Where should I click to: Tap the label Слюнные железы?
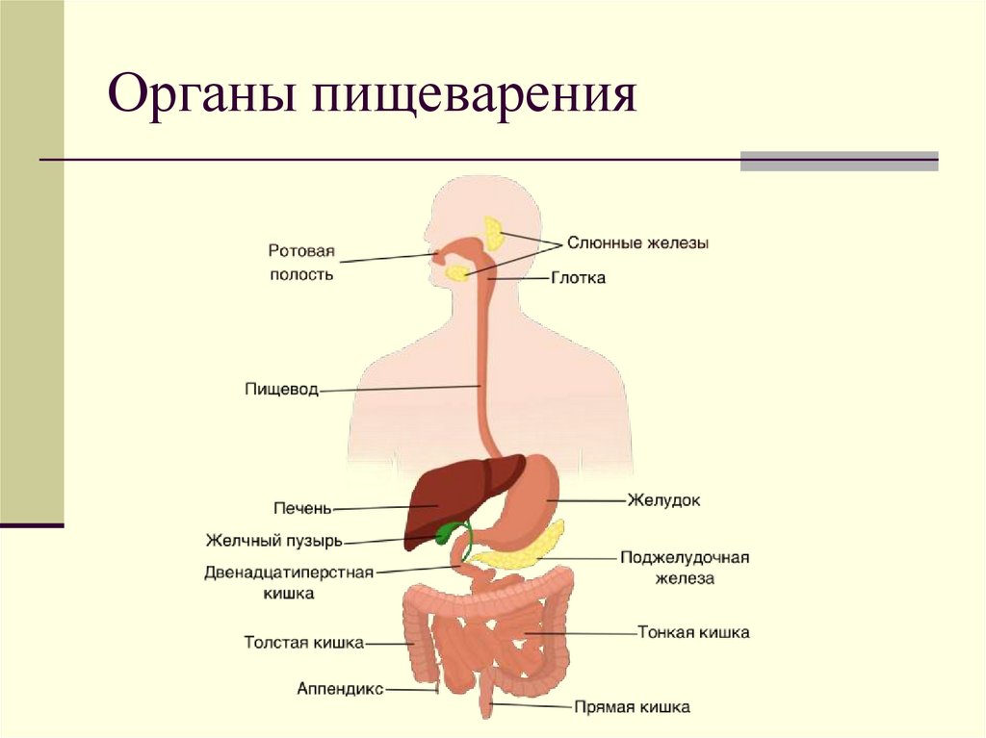pyautogui.click(x=637, y=244)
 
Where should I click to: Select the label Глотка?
pyautogui.click(x=578, y=278)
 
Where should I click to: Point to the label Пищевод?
pyautogui.click(x=281, y=391)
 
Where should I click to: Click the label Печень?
pyautogui.click(x=301, y=507)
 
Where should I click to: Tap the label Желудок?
pyautogui.click(x=663, y=500)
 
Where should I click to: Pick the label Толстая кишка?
pyautogui.click(x=303, y=642)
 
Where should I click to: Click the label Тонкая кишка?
pyautogui.click(x=693, y=632)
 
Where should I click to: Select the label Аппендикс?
pyautogui.click(x=340, y=689)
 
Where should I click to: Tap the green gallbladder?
pyautogui.click(x=448, y=531)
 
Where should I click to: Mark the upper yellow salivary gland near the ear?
pyautogui.click(x=495, y=232)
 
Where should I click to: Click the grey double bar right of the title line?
pyautogui.click(x=839, y=161)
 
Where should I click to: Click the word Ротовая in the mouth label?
pyautogui.click(x=300, y=252)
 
